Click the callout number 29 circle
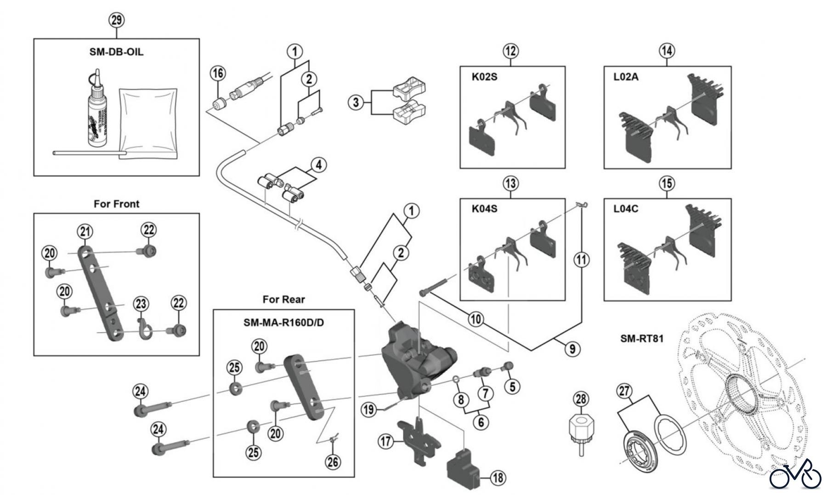(117, 20)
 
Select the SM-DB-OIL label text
(116, 52)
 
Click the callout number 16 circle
(218, 73)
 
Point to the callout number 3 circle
(356, 102)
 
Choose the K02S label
(484, 77)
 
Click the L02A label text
(626, 77)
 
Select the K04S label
(484, 209)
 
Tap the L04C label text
(626, 209)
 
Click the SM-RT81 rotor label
(642, 339)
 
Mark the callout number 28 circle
(581, 398)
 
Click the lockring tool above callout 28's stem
(581, 430)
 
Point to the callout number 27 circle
(624, 391)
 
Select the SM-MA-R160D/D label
(283, 323)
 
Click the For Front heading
(116, 204)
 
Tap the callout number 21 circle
(85, 231)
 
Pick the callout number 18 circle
(498, 478)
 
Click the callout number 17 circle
(385, 442)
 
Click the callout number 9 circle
(572, 349)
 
